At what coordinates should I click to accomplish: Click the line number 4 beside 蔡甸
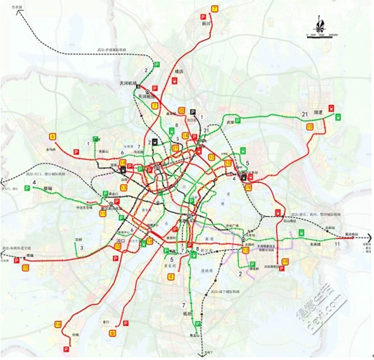click(34, 183)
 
